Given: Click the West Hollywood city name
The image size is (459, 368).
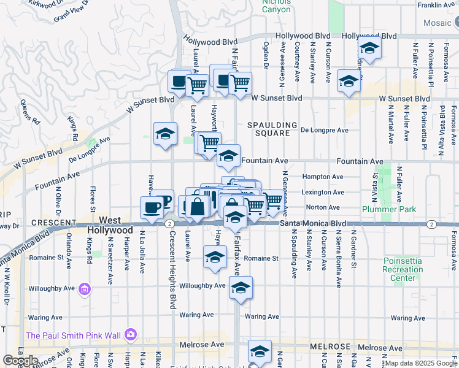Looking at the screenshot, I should point(110,224).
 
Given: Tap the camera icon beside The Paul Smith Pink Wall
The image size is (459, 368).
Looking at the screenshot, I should point(130,334).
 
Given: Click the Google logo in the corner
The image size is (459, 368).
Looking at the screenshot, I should point(20,361).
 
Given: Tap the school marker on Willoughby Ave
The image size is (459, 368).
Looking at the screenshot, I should point(241,288).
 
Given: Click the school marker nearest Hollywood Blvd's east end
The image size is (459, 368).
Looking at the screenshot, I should point(369,48).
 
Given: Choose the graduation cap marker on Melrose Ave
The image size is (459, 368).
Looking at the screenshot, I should point(260,352).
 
